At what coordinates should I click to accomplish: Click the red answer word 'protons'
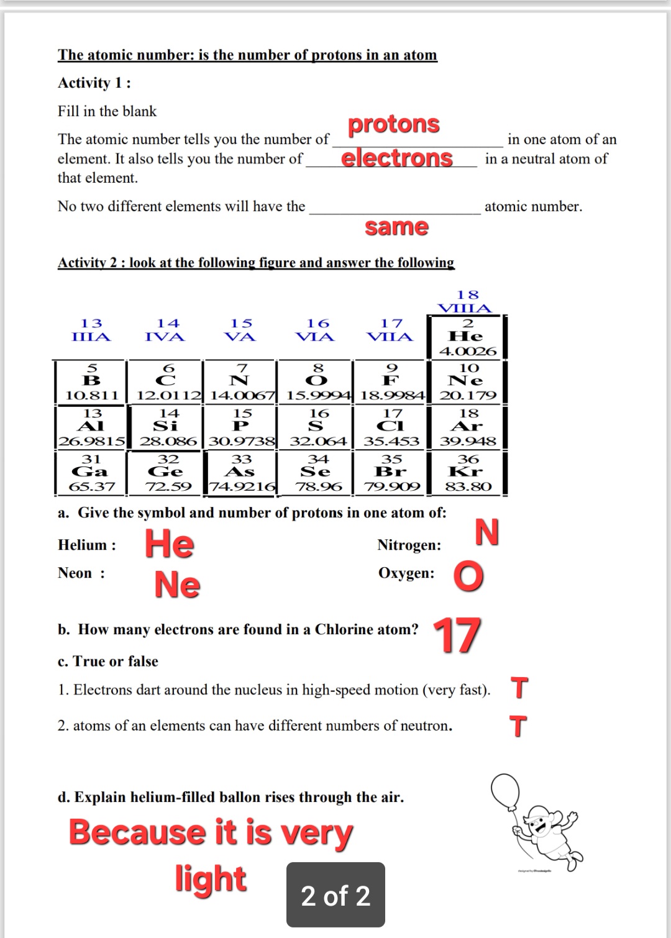[393, 124]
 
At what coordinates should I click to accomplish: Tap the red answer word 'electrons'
[396, 158]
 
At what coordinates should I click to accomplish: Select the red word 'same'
[396, 227]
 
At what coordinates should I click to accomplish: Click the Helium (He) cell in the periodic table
[467, 337]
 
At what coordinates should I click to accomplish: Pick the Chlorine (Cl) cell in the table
[391, 427]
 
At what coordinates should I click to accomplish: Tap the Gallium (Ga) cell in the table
[91, 473]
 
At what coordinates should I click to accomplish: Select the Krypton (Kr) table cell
[467, 473]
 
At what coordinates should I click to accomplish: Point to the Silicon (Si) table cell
[167, 427]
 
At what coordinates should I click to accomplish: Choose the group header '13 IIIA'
[91, 330]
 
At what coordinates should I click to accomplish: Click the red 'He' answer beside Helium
[170, 544]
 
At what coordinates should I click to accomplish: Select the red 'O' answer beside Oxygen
[468, 576]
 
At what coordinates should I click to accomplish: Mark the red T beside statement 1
[519, 688]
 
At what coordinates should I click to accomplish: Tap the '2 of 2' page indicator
[335, 895]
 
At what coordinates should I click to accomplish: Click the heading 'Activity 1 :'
[94, 83]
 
